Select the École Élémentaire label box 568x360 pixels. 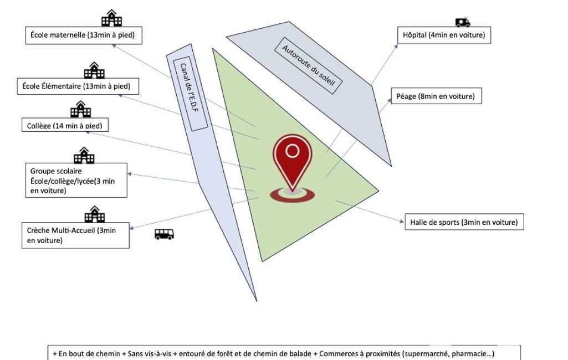point(77,86)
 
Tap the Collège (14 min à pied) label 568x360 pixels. point(65,126)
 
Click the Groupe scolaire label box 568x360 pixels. point(76,180)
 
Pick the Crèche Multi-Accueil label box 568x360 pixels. point(76,235)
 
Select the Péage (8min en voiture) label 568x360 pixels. point(436,96)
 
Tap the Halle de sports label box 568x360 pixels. point(464,222)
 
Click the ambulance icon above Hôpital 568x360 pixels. point(463,22)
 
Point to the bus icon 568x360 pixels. point(164,234)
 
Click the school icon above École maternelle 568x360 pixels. point(111,18)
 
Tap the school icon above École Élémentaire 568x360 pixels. point(94,70)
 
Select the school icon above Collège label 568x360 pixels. point(80,109)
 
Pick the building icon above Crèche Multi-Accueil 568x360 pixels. point(94,214)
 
